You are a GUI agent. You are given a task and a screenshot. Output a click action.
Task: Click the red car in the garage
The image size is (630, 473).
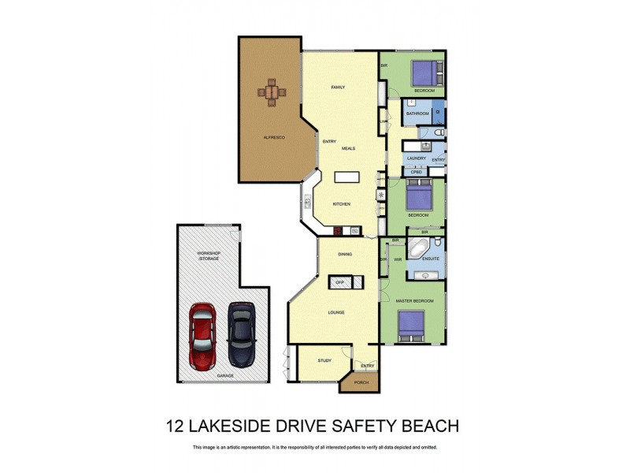coord(202,334)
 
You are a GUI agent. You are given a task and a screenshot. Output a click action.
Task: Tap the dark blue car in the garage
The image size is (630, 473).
coord(241,334)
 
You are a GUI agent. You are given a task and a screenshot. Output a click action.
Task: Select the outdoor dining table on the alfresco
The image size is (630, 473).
coord(272,93)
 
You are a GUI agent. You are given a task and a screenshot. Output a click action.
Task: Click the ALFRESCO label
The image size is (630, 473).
coord(273,138)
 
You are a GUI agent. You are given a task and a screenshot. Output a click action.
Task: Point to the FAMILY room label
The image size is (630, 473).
coord(338,87)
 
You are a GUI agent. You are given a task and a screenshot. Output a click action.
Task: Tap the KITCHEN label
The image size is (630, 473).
coord(341,204)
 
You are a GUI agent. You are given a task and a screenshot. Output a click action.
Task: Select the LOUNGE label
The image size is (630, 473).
coord(337,312)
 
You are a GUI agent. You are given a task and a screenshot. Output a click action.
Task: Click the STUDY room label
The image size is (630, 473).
coord(324,360)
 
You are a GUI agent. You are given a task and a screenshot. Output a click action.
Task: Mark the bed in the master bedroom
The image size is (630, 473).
coord(411,326)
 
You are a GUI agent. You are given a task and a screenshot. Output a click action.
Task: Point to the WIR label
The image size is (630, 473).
coord(398,258)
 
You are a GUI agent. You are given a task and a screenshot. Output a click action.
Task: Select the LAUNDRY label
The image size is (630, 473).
coord(417,158)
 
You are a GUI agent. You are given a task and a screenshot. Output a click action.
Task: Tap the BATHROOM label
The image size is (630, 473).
coord(417,114)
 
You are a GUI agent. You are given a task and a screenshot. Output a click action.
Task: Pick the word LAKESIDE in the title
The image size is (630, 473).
coord(248,426)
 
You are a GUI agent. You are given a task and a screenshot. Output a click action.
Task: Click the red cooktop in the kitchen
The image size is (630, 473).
coord(337,231)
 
